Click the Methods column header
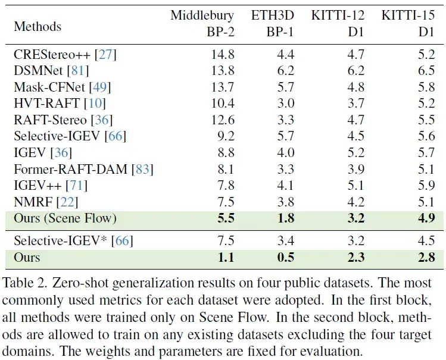pyautogui.click(x=38, y=26)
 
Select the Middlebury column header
pyautogui.click(x=202, y=15)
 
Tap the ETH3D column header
pyautogui.click(x=273, y=15)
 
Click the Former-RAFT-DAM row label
pyautogui.click(x=70, y=170)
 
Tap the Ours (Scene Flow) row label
pyautogui.click(x=65, y=218)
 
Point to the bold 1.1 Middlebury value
pyautogui.click(x=225, y=257)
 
